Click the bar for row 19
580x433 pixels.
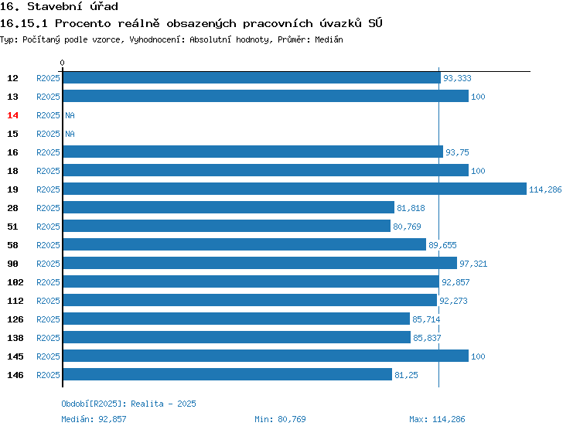pos(295,189)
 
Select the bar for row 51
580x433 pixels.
pos(227,226)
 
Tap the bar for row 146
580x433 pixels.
pos(227,374)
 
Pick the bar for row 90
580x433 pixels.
pos(260,263)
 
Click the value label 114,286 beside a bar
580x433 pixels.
pos(545,189)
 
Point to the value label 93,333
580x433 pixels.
pos(457,78)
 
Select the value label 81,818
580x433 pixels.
pos(411,208)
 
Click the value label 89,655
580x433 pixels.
pos(442,245)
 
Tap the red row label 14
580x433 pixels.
pos(12,115)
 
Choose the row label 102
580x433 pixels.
pos(15,282)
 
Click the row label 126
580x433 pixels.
pos(15,319)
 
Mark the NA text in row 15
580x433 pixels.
pos(70,134)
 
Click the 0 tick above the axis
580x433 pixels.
pos(62,63)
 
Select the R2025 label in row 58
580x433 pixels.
pos(48,245)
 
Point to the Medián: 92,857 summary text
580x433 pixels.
pos(94,419)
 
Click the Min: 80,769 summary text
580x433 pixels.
pos(280,419)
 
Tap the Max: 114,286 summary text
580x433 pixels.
pos(437,419)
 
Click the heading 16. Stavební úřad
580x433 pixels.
pos(59,6)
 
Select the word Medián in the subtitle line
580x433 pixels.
pos(329,39)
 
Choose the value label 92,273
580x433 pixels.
pos(453,301)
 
